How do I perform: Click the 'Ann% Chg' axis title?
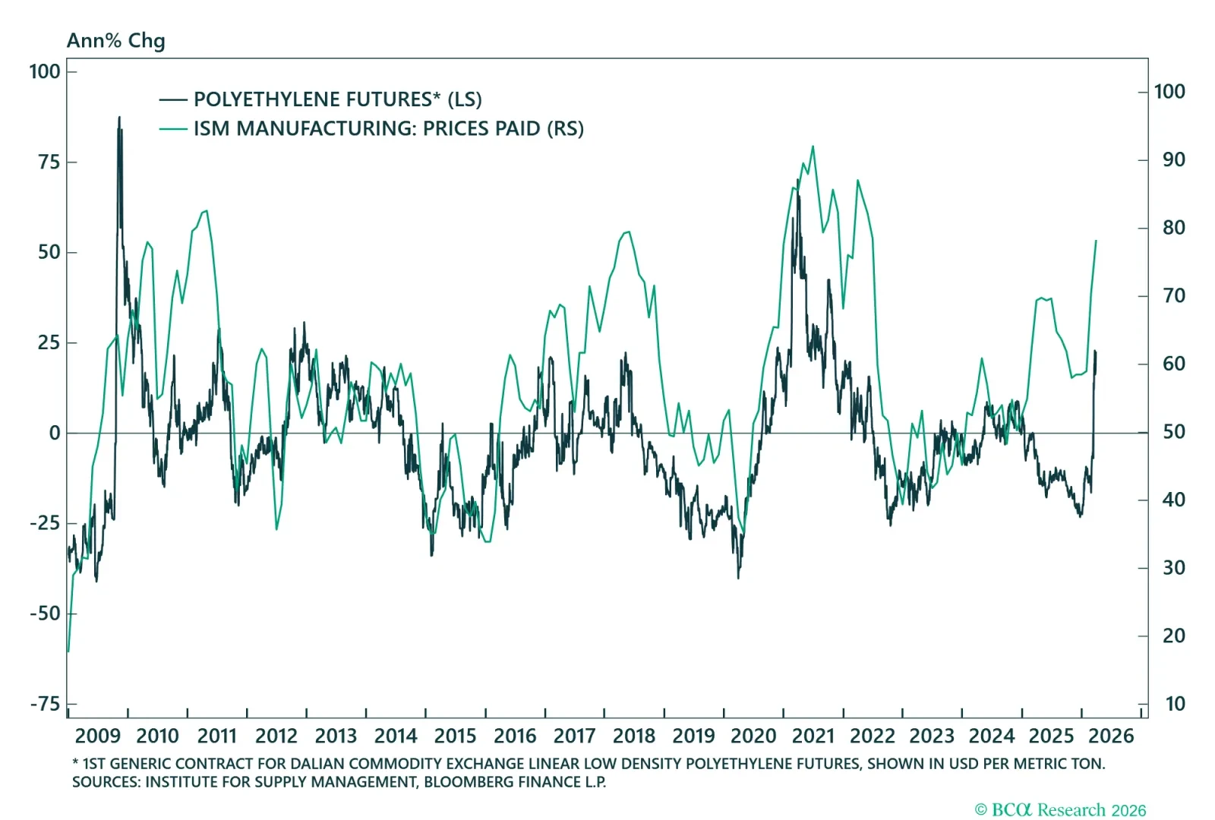point(115,40)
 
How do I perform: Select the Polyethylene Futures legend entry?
point(337,99)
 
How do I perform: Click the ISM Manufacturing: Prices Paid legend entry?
point(388,128)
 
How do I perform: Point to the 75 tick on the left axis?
point(49,162)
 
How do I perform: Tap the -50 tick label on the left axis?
point(46,613)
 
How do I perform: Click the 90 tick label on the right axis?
point(1173,159)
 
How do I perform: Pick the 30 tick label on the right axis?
point(1173,568)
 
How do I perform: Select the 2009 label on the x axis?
point(98,736)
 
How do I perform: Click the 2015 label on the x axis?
point(455,736)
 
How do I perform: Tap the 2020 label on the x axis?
point(753,736)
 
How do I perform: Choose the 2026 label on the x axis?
point(1111,736)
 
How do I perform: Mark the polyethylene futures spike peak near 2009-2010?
point(119,118)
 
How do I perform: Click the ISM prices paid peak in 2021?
point(813,147)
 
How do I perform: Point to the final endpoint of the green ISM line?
point(1096,241)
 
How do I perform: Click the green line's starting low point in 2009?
point(68,651)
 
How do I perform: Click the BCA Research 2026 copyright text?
point(1060,810)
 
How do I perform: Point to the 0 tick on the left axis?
point(55,433)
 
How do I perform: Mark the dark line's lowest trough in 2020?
point(738,578)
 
